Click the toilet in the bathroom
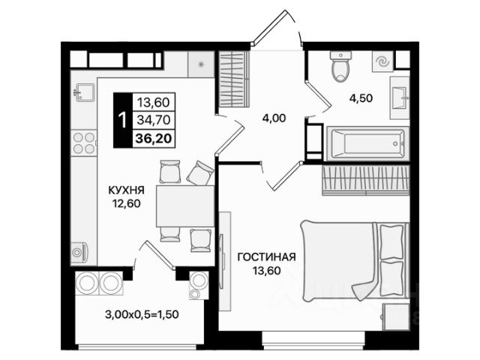coord(340,67)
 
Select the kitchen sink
coord(84,92)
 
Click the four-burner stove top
coord(83,143)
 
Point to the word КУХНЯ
coord(127,190)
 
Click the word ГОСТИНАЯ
coord(267,256)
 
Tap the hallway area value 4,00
coord(274,118)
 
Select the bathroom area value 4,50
coord(361,98)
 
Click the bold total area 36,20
coord(153,139)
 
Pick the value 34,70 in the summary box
coord(153,120)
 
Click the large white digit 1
coord(122,120)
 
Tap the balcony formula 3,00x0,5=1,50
coord(142,314)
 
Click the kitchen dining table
coord(185,206)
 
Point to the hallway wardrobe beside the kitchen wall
coord(232,79)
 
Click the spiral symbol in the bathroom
coord(382,62)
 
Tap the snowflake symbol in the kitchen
coord(201,64)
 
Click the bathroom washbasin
coord(400,98)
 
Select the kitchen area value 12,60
coord(127,203)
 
